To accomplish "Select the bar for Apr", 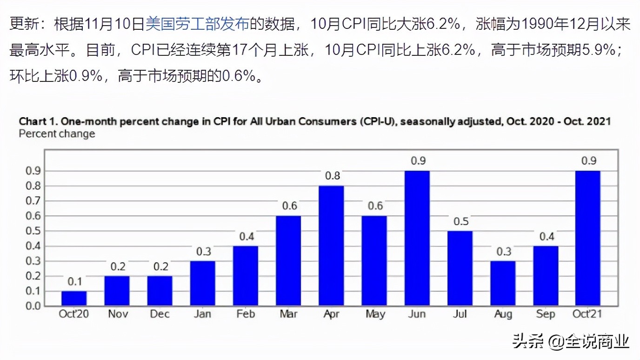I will [x=332, y=246].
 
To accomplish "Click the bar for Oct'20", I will [x=73, y=298].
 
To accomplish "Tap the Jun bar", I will [x=417, y=238].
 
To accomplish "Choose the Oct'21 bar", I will [x=587, y=238].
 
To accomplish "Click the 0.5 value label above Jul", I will [x=460, y=222].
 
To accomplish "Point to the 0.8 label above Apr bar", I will [x=332, y=176].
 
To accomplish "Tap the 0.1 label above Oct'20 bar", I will [x=74, y=282].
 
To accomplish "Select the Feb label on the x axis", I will [x=245, y=314].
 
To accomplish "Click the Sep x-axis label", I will [x=546, y=314].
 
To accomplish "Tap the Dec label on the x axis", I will [x=160, y=314].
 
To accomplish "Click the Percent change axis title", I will [x=57, y=134].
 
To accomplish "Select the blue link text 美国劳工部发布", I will [x=197, y=24].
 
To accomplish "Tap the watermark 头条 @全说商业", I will [x=571, y=342].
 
